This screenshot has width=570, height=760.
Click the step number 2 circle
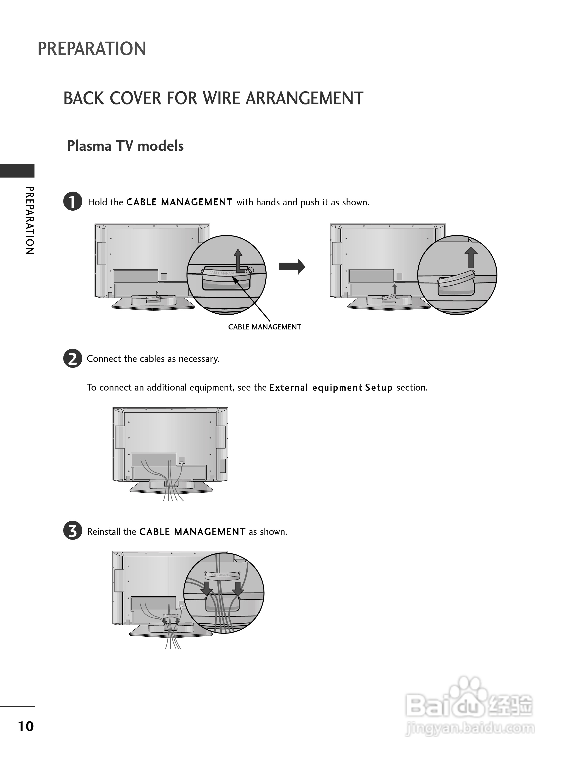coord(73,358)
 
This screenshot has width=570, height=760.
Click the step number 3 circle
coord(73,531)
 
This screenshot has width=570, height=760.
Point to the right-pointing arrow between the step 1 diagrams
coord(291,267)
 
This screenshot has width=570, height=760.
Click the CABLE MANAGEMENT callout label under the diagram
coord(264,327)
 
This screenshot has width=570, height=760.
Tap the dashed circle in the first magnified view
coord(250,271)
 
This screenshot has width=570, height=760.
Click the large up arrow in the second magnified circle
coord(471,257)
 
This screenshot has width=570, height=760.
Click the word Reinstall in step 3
coord(104,532)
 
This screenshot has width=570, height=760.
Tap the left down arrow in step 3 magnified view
coord(207,588)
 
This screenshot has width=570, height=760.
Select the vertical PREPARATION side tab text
coord(30,220)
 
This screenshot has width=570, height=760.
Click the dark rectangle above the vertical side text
coord(17,171)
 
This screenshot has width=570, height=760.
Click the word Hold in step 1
coord(97,202)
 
